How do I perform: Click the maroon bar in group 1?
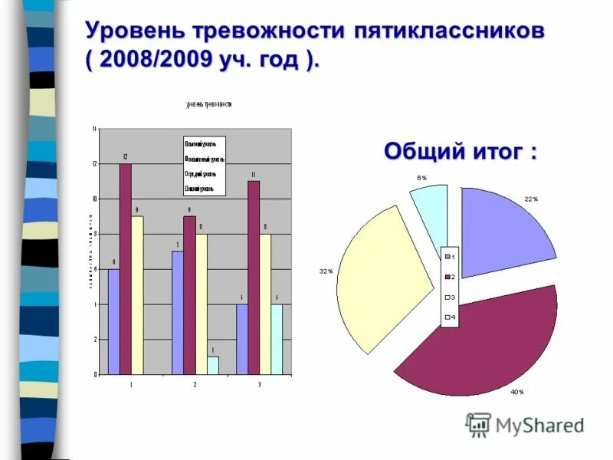[x=125, y=268]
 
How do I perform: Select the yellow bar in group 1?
[x=137, y=295]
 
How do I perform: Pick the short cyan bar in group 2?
[x=213, y=366]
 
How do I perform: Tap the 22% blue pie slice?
[x=502, y=234]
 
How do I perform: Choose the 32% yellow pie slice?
[x=379, y=276]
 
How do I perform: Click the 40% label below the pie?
[x=516, y=392]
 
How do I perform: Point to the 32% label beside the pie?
[x=326, y=271]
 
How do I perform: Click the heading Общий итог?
[x=460, y=151]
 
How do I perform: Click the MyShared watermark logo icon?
[x=479, y=425]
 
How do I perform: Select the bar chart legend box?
[x=204, y=166]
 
